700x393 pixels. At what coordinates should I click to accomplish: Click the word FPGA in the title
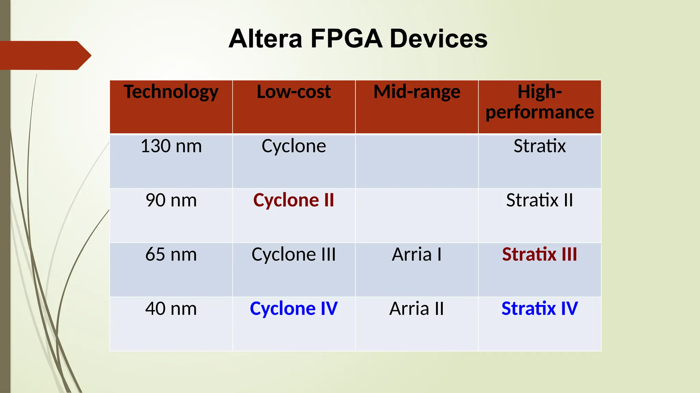point(346,39)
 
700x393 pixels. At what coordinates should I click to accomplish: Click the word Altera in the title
point(266,39)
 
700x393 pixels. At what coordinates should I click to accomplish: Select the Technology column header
point(171,92)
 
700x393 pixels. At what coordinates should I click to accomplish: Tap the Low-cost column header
point(294,92)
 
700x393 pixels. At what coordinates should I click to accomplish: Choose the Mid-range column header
point(417,92)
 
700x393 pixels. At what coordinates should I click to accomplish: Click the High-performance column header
point(539,102)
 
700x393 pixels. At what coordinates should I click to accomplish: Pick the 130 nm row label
point(171,146)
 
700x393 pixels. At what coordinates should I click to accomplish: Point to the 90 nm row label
point(171,200)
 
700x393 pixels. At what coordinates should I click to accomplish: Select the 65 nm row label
point(171,254)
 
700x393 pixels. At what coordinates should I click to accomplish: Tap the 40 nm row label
point(171,309)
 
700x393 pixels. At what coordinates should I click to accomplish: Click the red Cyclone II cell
point(294,200)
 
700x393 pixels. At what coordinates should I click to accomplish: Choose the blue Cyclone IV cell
point(294,309)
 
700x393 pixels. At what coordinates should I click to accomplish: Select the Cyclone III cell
point(294,254)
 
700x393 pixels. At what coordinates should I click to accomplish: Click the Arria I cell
point(417,254)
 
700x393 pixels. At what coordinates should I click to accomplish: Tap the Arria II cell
point(417,309)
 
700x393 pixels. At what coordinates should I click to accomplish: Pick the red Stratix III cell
point(539,254)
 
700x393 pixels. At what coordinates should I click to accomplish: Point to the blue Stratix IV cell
point(539,309)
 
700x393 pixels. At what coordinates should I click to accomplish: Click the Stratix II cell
point(539,200)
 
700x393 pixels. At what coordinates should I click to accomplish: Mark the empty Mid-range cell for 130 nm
point(417,161)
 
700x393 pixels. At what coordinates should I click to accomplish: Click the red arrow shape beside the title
point(44,55)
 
